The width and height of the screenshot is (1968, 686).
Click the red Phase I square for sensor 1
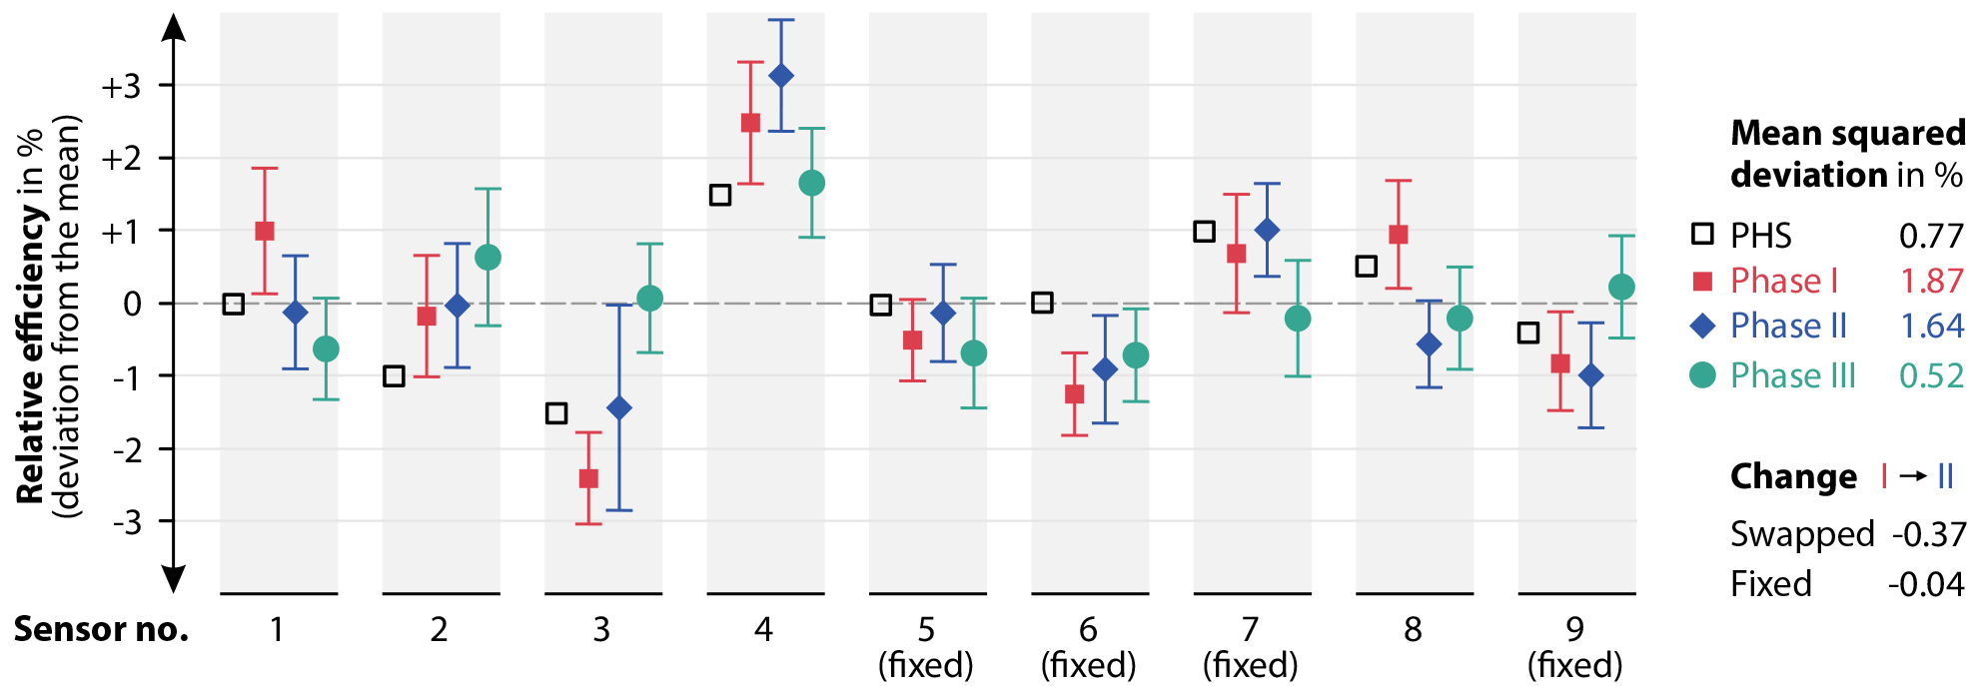(x=265, y=231)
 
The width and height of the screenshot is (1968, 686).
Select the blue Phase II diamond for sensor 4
(x=781, y=76)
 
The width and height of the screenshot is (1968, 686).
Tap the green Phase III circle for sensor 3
(x=649, y=298)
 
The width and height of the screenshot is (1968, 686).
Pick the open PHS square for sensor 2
(x=395, y=376)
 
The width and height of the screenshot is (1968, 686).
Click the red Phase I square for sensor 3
(x=588, y=479)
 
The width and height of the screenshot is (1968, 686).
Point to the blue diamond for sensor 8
(x=1430, y=344)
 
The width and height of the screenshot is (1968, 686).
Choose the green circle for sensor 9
(x=1621, y=288)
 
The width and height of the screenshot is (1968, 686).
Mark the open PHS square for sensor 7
(x=1205, y=232)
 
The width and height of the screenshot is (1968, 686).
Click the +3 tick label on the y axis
(x=121, y=87)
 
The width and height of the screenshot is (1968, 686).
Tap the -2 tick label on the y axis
(x=126, y=449)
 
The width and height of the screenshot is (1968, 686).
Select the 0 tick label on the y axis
(x=132, y=304)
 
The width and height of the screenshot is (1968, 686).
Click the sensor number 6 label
(x=1088, y=629)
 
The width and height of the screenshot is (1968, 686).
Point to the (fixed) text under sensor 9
(x=1574, y=665)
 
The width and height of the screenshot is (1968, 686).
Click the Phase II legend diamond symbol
(x=1702, y=326)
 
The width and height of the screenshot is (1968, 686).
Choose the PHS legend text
(x=1761, y=236)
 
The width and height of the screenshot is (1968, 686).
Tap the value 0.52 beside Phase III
(x=1931, y=375)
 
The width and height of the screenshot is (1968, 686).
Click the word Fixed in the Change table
(x=1770, y=583)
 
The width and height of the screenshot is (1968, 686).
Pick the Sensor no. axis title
(x=101, y=629)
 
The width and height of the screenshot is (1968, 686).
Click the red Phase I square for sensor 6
(x=1075, y=394)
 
